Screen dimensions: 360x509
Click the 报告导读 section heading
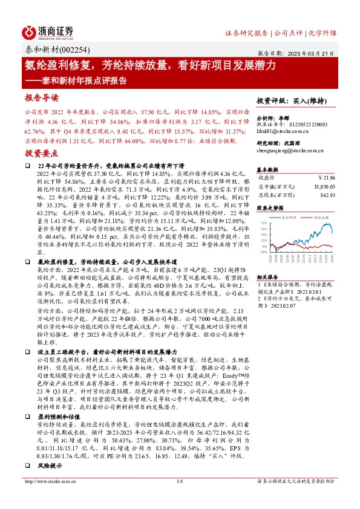[42, 97]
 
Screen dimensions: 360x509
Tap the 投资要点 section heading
[42, 155]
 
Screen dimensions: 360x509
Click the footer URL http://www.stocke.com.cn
[48, 499]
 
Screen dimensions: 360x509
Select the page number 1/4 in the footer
[179, 499]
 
